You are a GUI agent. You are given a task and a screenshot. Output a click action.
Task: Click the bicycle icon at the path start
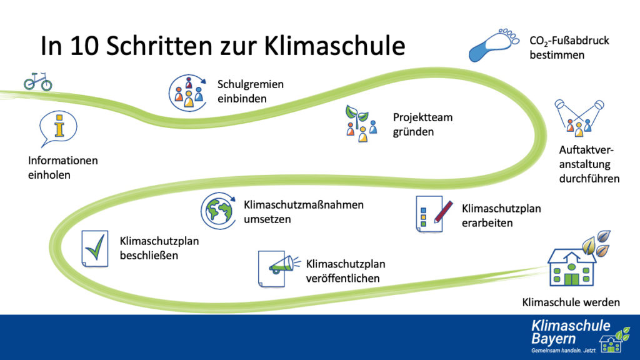coord(38,81)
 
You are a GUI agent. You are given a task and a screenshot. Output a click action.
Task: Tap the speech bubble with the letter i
coord(58,128)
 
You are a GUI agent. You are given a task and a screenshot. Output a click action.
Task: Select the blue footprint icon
coord(494,45)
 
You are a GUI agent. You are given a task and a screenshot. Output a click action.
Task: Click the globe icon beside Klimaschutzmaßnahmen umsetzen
coord(218,211)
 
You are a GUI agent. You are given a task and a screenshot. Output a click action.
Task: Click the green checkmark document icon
coord(95,249)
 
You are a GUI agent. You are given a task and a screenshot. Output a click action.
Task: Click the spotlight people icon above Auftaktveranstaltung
coord(579,117)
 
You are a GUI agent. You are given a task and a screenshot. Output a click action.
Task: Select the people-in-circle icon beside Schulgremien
coord(187,93)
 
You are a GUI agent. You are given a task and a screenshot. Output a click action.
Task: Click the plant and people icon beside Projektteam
coord(361,123)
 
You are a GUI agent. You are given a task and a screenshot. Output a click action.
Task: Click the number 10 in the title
coord(84,45)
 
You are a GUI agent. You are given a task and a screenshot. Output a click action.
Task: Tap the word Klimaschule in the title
coord(334,45)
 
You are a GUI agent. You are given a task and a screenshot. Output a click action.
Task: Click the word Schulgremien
coord(250,84)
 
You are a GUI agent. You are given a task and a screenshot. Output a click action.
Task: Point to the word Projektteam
coord(422,117)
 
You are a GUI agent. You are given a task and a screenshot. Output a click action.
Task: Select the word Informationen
coord(63,161)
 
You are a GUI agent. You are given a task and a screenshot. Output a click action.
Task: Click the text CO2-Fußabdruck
coord(569,41)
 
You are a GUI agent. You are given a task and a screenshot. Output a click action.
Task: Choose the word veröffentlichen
coord(343,278)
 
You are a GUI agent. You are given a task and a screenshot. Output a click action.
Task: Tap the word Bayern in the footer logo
coord(553,339)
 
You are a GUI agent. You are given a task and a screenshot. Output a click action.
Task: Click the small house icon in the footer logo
coord(611,344)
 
